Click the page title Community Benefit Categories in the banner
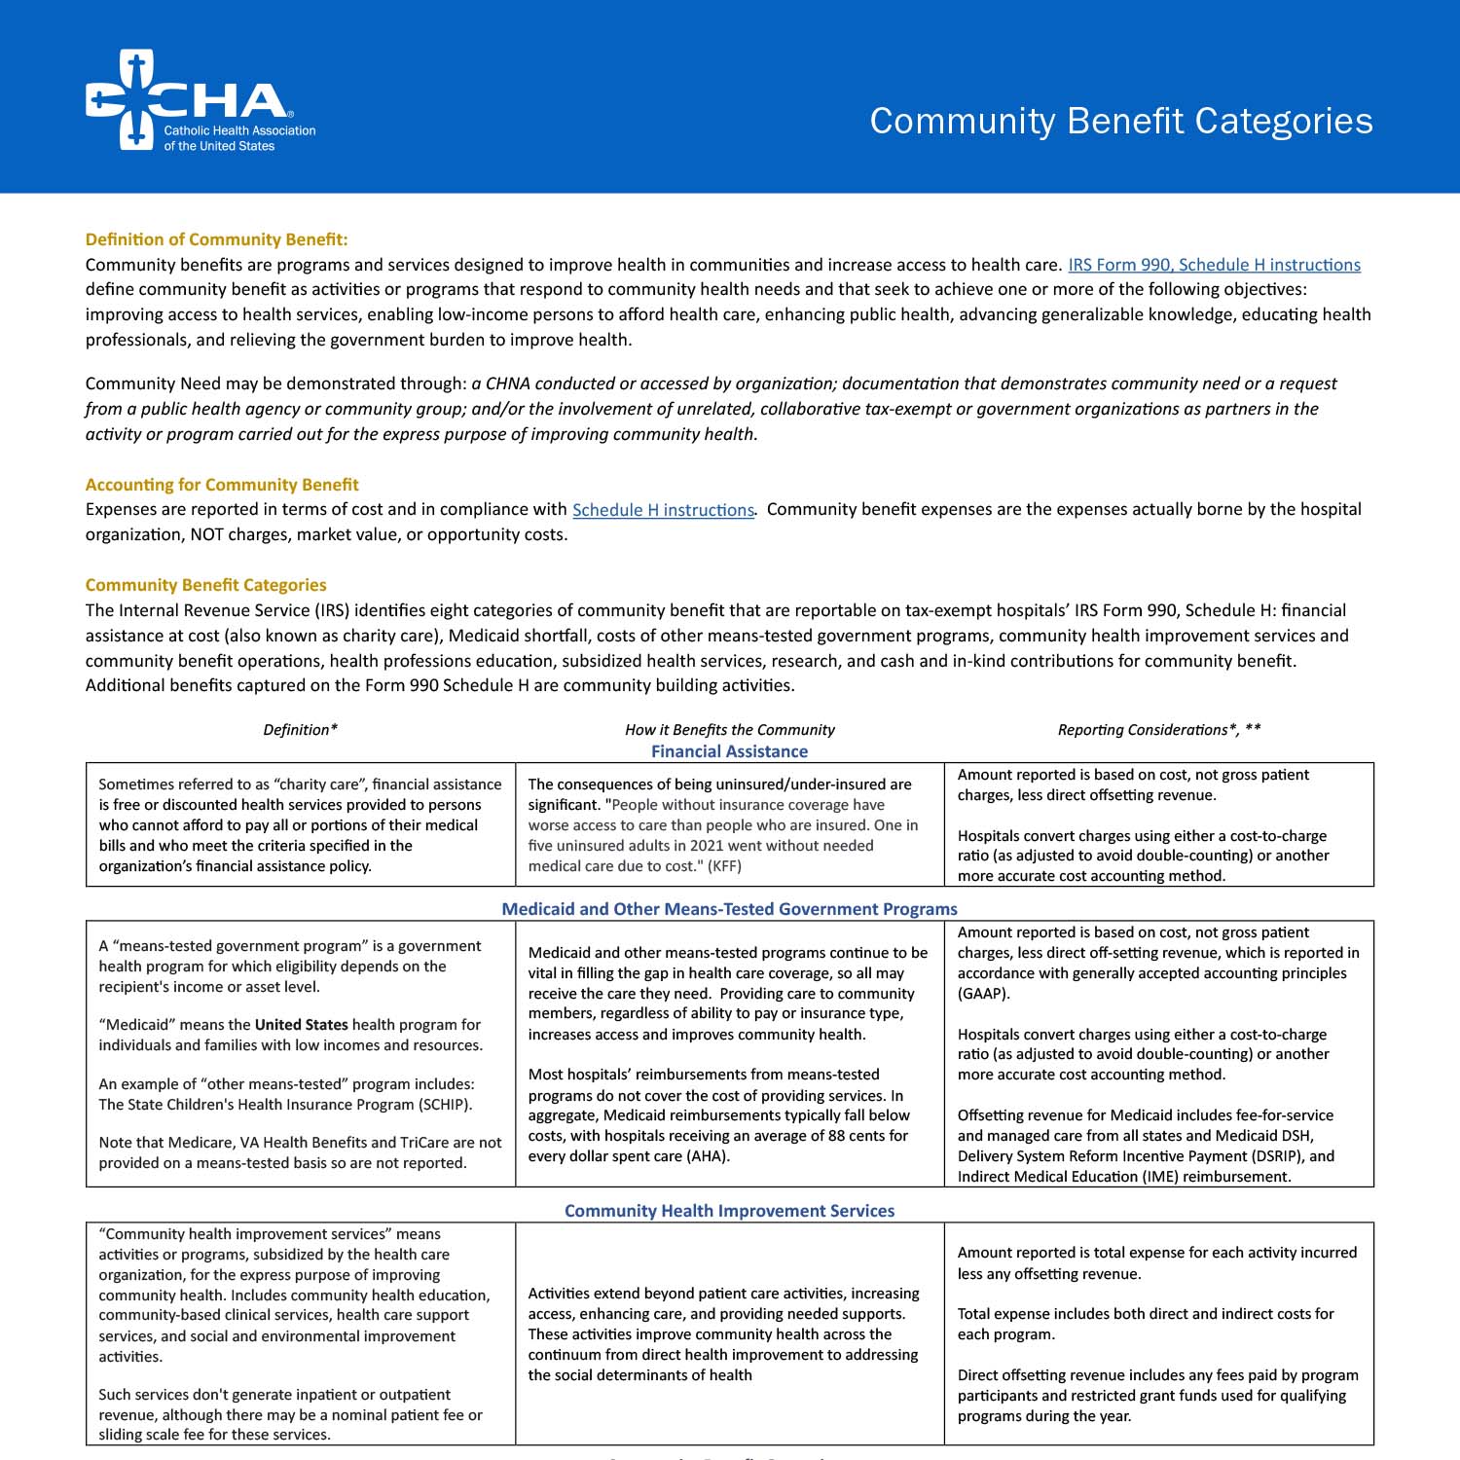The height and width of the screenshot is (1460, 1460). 1121,121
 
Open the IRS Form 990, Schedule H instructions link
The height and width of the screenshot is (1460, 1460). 1214,265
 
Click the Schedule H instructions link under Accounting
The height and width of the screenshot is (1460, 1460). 663,510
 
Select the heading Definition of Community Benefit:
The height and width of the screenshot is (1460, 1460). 216,239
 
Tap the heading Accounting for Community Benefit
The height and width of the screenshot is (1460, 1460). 222,485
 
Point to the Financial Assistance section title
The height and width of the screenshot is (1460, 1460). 729,751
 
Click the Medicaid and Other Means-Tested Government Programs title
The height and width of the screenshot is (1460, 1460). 729,909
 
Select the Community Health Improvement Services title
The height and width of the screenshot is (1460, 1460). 729,1211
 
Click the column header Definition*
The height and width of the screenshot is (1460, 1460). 300,730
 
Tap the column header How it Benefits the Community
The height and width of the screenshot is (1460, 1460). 729,730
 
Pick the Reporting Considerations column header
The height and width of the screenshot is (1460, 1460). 1158,730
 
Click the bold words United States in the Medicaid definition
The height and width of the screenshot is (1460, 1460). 301,1025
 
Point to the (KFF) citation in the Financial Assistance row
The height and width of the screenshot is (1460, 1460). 724,866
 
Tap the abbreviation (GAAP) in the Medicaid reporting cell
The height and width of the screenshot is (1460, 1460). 984,994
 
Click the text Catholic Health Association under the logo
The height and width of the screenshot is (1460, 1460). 239,130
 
